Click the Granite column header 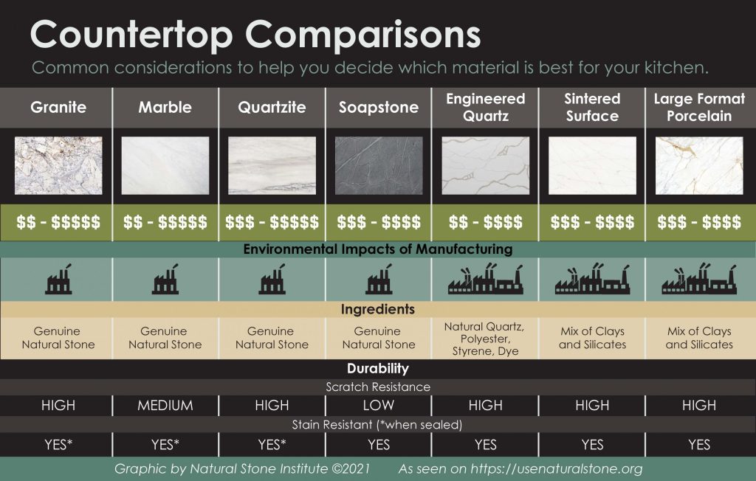pos(58,107)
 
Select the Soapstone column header pos(379,107)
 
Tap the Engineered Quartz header pos(486,107)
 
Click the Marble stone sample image pos(165,165)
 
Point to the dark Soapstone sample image pos(379,165)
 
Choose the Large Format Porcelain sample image pos(699,165)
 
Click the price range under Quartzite pos(272,222)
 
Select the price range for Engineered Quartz pos(486,222)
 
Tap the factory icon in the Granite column pos(59,280)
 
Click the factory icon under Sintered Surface pos(592,280)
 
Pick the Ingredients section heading pos(377,309)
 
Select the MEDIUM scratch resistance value pos(165,405)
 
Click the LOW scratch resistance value pos(379,405)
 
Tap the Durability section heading pos(377,369)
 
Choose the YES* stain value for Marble pos(165,444)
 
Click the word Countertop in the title pos(131,35)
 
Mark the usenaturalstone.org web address pos(557,468)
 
